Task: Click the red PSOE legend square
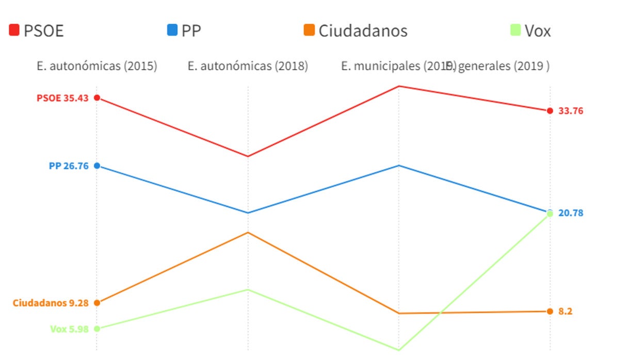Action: click(x=14, y=30)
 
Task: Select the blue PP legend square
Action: click(x=172, y=30)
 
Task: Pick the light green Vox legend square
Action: click(x=514, y=30)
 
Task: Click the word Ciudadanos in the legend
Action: click(x=363, y=31)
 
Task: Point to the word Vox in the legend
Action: click(x=538, y=31)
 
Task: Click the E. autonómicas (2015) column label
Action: click(x=97, y=67)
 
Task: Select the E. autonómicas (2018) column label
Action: click(x=248, y=67)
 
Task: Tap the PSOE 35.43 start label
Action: click(x=62, y=98)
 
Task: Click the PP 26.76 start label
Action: click(x=69, y=166)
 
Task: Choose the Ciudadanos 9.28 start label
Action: click(x=51, y=303)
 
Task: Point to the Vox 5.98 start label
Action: click(x=69, y=329)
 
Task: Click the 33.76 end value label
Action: click(x=571, y=111)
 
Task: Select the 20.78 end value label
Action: click(x=571, y=213)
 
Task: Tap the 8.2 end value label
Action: click(x=566, y=312)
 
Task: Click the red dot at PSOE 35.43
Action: click(x=96, y=98)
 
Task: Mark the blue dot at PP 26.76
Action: click(x=96, y=166)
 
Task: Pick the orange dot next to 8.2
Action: click(x=550, y=312)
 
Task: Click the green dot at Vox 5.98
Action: click(x=96, y=329)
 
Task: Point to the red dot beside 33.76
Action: click(x=550, y=111)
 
